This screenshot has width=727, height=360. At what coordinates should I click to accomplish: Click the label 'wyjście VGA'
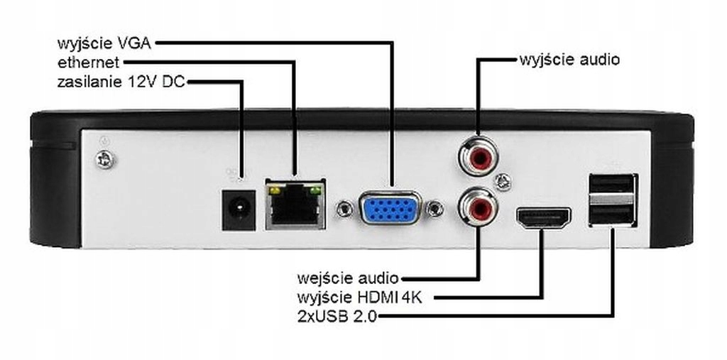(104, 43)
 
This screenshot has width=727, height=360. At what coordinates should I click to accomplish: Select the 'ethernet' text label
(88, 62)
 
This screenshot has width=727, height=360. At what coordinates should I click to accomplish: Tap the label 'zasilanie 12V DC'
(121, 82)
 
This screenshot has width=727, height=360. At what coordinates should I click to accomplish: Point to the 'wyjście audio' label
(569, 59)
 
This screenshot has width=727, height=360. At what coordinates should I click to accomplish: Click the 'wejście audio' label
(347, 277)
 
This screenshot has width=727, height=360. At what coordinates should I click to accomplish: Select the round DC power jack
(239, 209)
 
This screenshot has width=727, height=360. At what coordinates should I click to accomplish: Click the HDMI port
(543, 219)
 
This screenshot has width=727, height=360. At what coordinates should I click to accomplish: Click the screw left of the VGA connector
(345, 209)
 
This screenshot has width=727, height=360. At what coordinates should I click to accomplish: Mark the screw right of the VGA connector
(434, 209)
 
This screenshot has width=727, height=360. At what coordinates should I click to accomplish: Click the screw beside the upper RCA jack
(503, 182)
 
